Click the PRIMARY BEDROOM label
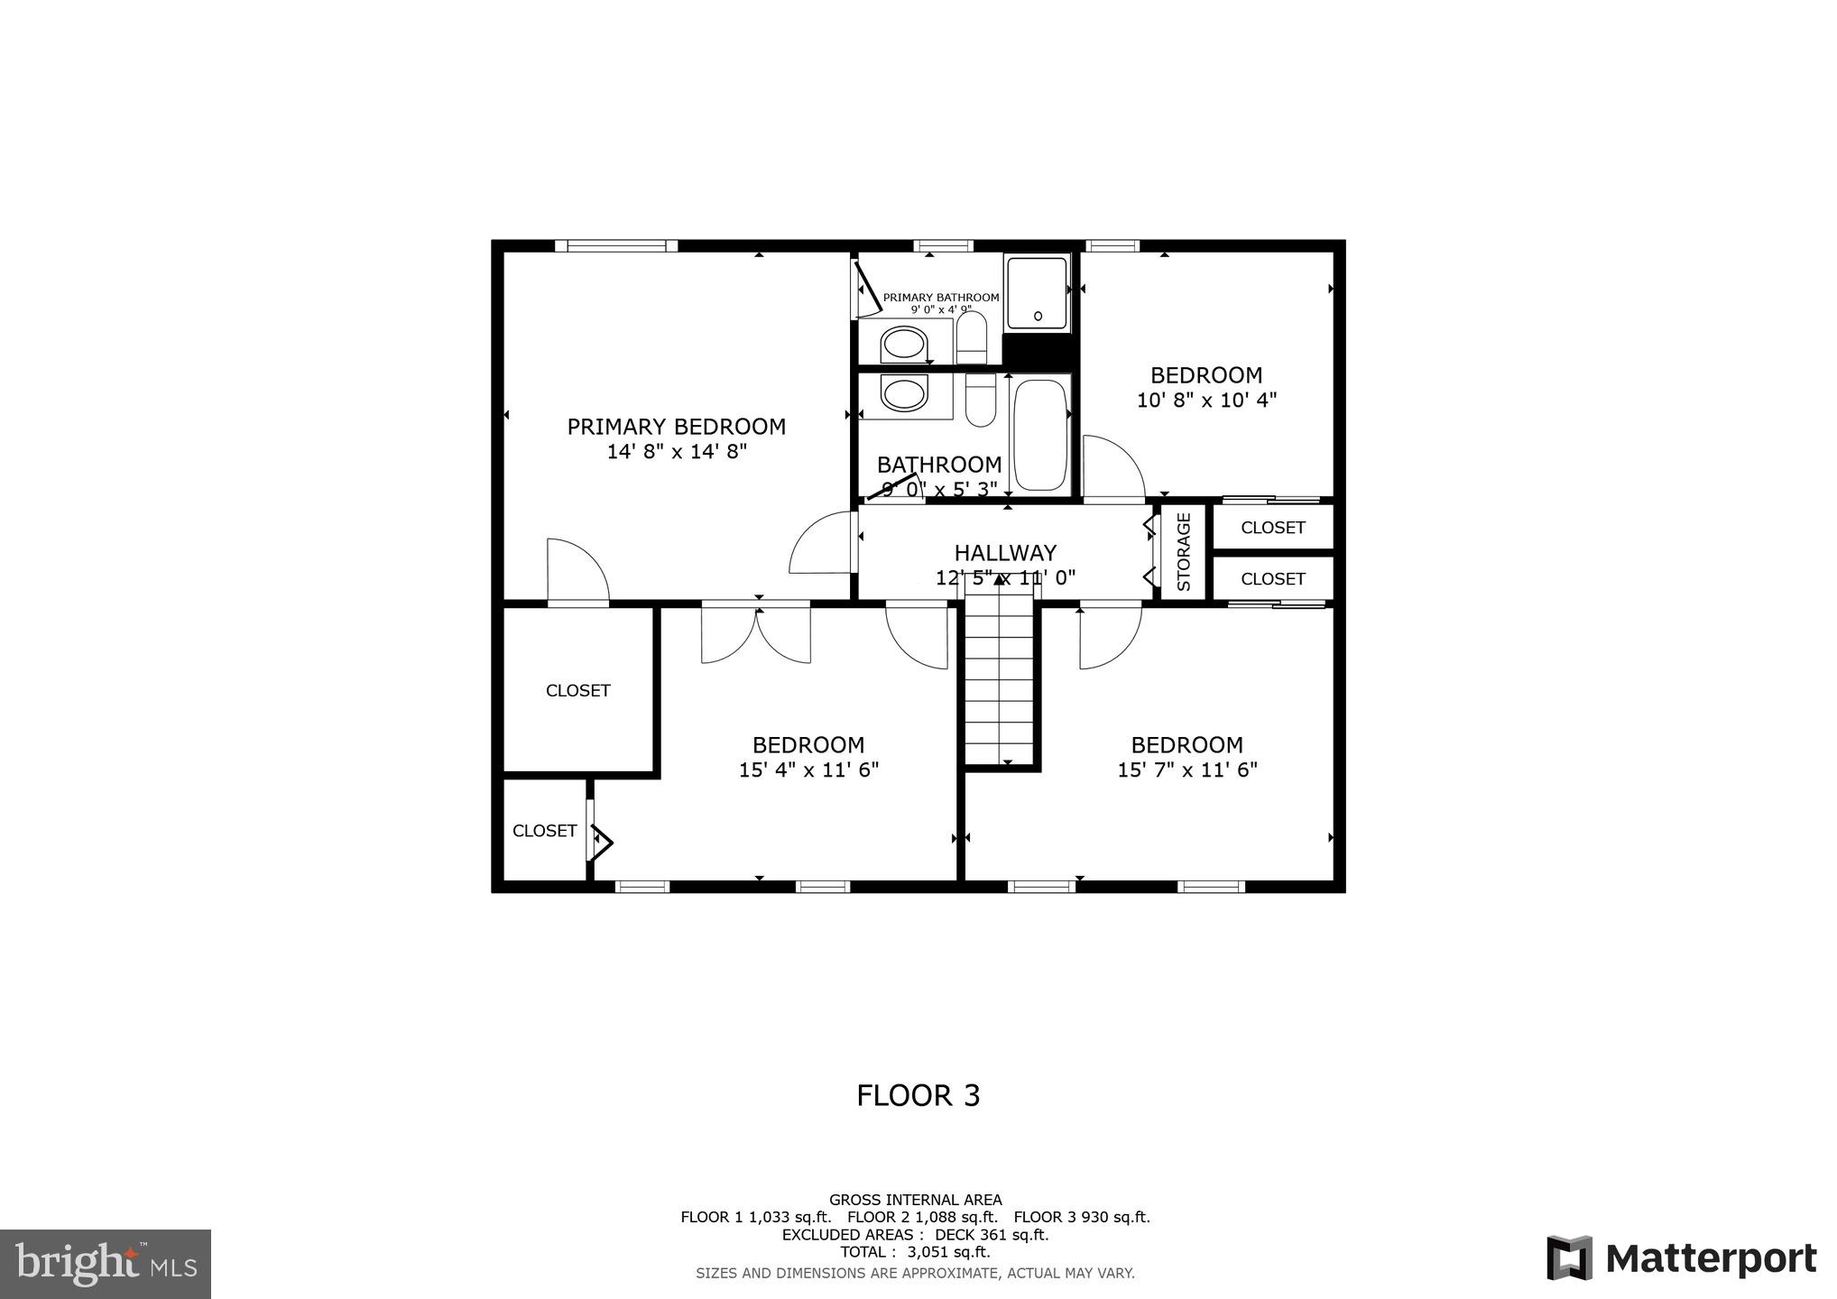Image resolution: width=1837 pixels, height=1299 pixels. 676,427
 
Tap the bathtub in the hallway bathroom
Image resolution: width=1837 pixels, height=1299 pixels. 1039,435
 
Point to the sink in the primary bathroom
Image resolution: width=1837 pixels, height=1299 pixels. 903,344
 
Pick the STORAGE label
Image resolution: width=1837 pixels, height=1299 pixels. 1184,552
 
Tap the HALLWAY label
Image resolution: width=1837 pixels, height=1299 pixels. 1005,553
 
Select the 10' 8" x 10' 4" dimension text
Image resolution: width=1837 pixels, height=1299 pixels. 1206,401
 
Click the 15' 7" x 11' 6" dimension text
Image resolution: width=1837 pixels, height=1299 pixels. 1187,770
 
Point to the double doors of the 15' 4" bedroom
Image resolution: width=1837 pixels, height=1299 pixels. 756,634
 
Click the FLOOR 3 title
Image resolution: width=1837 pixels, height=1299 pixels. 918,1095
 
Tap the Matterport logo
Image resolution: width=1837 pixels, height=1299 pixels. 1681,1258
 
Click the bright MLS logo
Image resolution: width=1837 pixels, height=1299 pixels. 106,1263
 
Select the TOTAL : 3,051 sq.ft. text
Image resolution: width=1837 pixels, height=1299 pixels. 915,1252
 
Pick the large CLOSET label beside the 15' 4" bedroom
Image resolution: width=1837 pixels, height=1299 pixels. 578,691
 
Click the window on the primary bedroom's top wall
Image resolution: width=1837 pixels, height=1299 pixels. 616,245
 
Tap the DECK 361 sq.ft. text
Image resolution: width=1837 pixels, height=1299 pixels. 991,1235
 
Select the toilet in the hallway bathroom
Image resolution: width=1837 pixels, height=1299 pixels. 980,402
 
